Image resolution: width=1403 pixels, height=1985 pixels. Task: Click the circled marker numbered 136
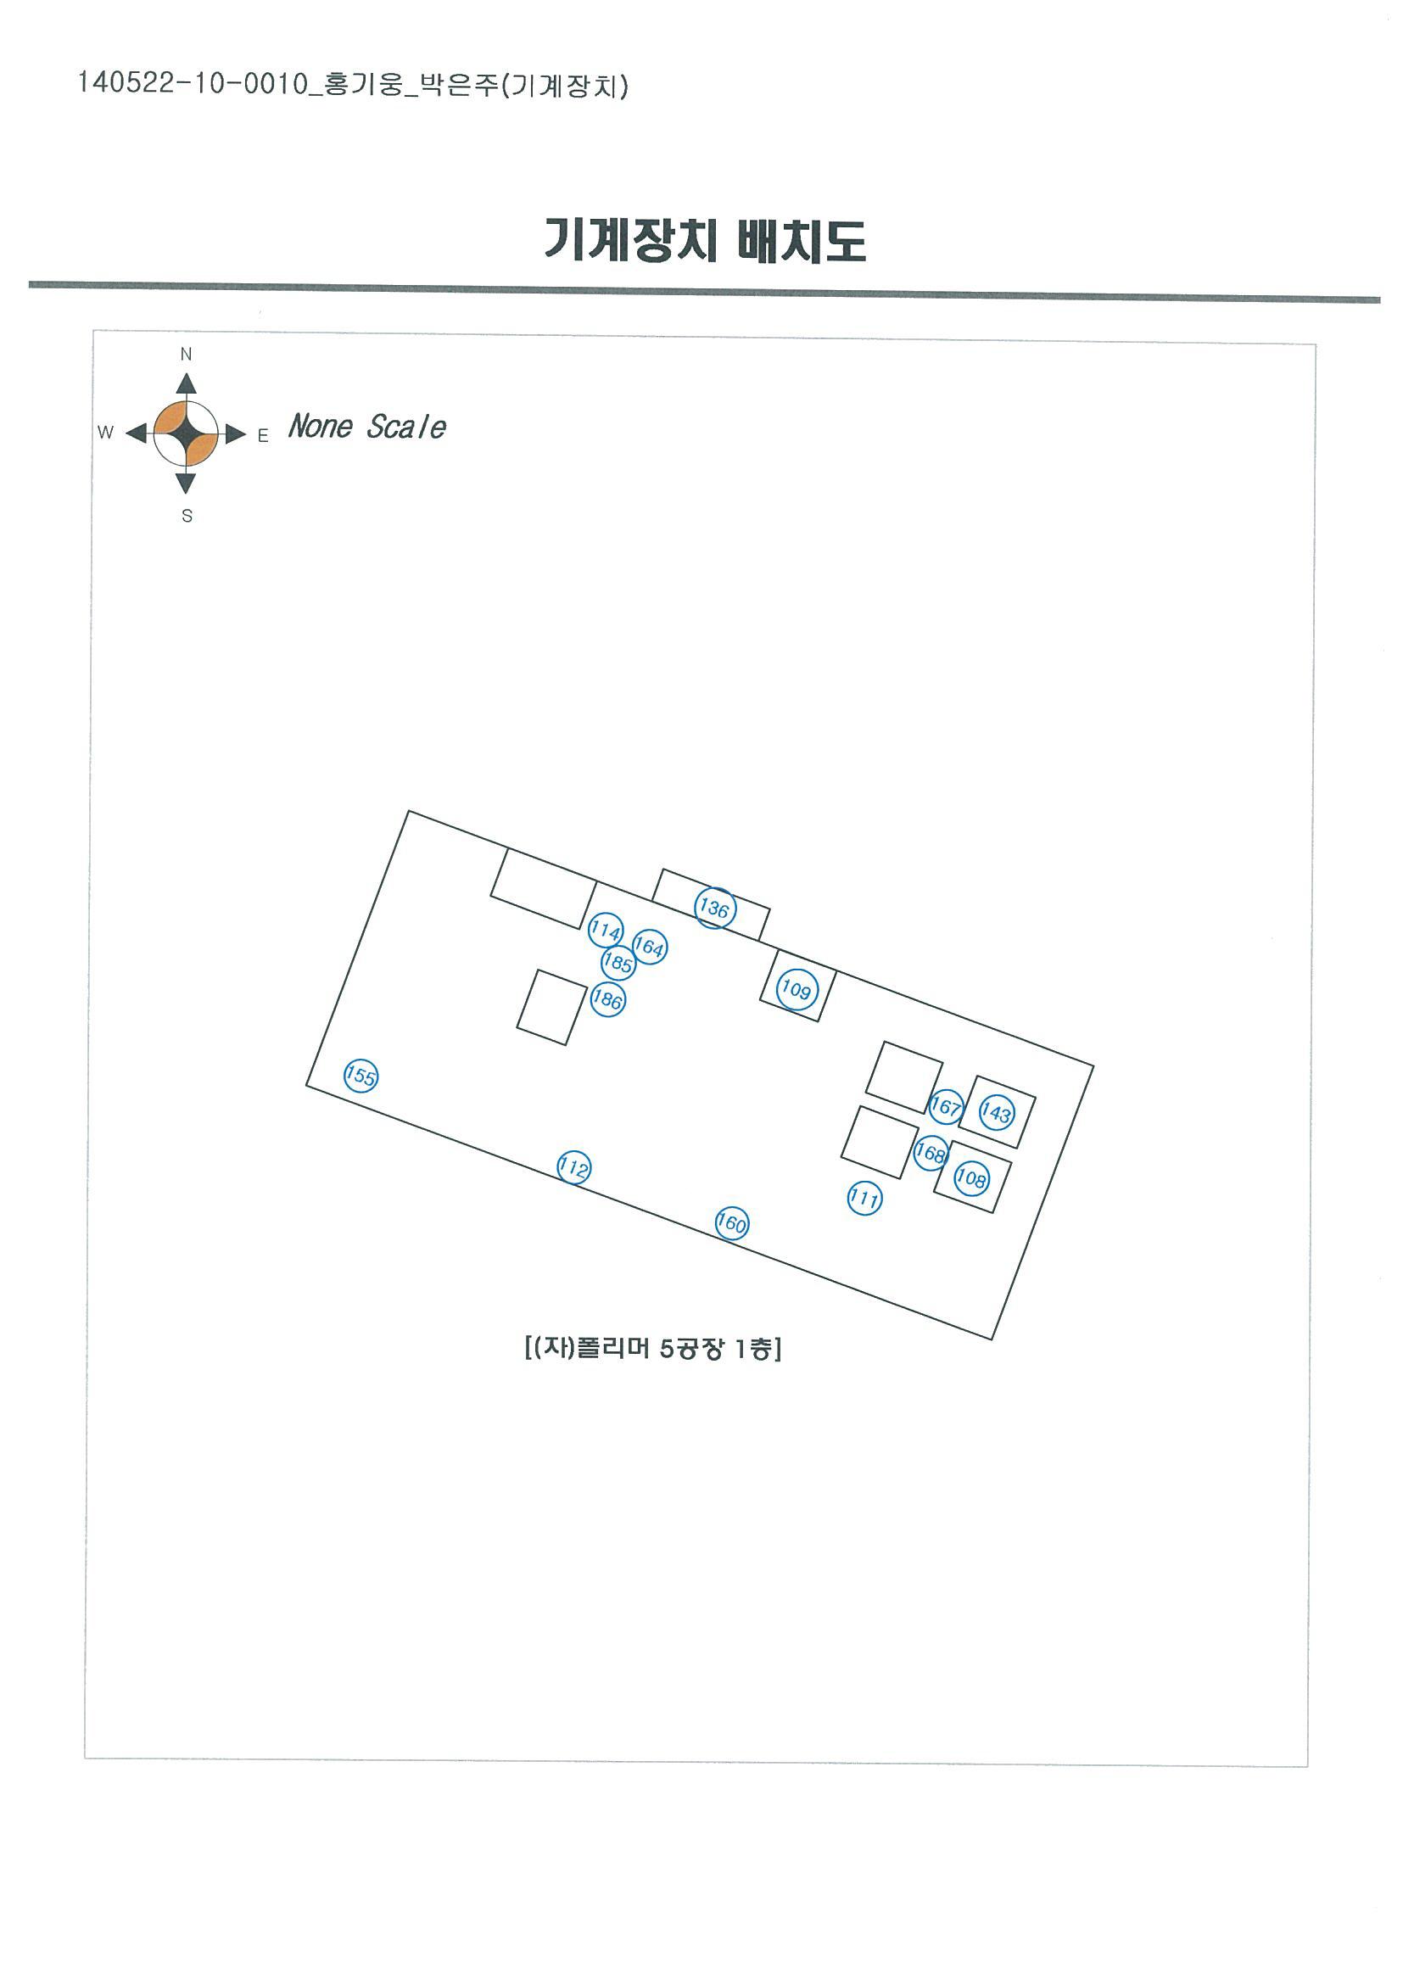coord(714,908)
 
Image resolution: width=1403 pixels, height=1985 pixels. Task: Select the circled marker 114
coord(605,931)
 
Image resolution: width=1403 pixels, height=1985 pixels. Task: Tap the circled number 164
coord(649,947)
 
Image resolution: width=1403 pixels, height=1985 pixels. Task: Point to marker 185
coord(618,962)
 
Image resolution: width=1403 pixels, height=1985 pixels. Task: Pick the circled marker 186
coord(607,999)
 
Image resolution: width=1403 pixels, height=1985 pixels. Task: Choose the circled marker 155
coord(361,1076)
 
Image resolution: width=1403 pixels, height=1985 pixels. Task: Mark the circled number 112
coord(573,1168)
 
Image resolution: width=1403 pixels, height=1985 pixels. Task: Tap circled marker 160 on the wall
coord(731,1223)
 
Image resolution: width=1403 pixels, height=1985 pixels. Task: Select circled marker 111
coord(864,1198)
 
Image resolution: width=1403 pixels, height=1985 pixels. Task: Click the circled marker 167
coord(946,1107)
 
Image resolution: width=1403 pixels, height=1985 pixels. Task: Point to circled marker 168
coord(931,1153)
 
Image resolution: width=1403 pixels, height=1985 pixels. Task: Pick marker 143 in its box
coord(996,1113)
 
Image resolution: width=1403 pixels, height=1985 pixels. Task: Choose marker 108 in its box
coord(971,1177)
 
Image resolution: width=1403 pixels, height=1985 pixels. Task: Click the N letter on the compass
coord(186,355)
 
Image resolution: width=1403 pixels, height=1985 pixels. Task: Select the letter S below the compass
coord(187,516)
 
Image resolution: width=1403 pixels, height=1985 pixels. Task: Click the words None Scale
coord(367,426)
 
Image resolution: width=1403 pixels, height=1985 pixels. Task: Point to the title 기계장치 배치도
coord(705,239)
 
